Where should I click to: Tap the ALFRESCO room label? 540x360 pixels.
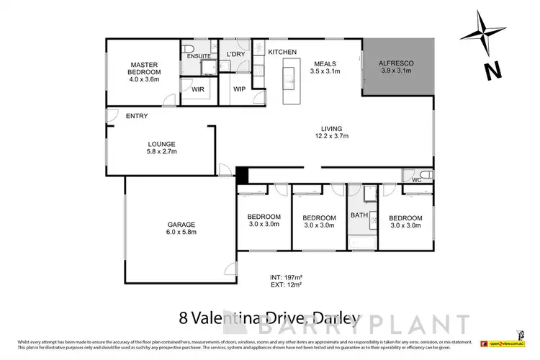(397, 63)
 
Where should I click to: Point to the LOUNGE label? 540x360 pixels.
(161, 144)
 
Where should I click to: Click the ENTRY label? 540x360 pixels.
(137, 116)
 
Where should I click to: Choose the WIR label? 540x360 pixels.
(197, 89)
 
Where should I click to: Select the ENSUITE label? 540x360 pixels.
(198, 55)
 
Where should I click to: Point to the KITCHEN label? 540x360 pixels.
(282, 53)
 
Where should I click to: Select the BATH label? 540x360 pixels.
(359, 215)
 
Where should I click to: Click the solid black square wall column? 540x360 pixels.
(242, 175)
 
